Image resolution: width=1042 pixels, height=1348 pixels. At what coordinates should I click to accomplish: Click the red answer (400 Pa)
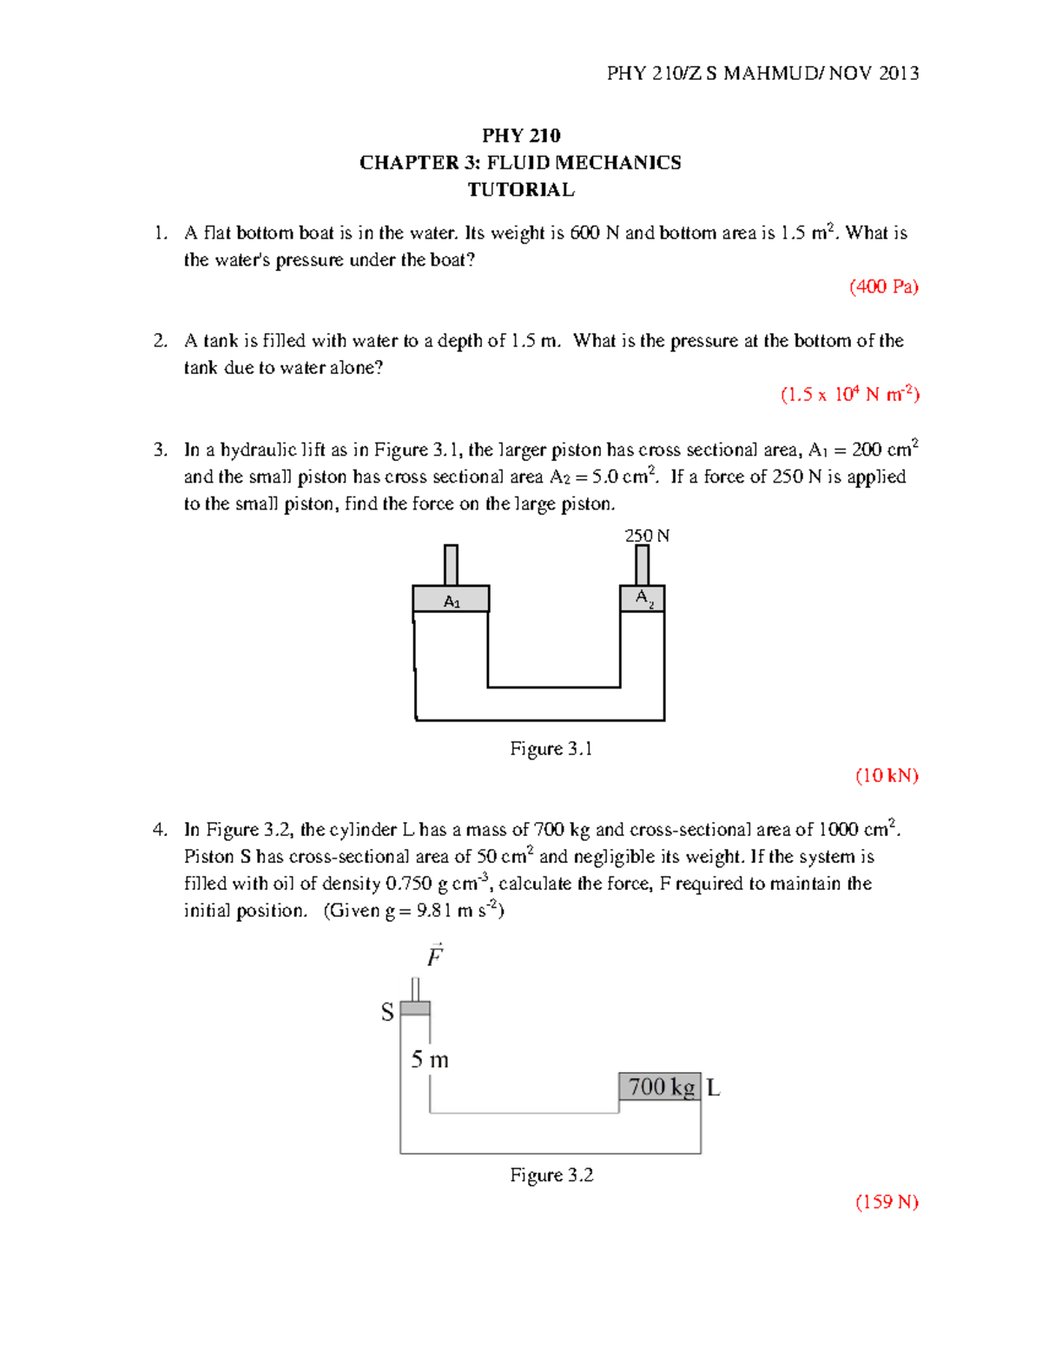[x=883, y=286]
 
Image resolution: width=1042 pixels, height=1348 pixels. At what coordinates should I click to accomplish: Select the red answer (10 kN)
[x=887, y=775]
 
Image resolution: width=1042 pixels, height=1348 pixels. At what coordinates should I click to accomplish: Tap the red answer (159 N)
[x=887, y=1201]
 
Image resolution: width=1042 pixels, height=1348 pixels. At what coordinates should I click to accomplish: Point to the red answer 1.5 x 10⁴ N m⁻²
[x=850, y=394]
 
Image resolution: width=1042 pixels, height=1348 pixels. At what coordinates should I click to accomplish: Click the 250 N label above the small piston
[x=647, y=536]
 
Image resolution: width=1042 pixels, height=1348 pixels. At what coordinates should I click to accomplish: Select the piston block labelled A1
[x=451, y=600]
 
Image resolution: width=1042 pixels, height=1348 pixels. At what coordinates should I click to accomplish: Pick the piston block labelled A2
[x=643, y=598]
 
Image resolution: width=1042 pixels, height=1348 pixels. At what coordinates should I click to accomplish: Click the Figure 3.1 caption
[x=551, y=748]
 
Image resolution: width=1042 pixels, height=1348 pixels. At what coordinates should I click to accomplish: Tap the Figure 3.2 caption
[x=551, y=1174]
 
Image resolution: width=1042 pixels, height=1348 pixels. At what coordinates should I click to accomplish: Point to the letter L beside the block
[x=713, y=1088]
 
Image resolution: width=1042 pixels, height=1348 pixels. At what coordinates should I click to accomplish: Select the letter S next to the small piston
[x=387, y=1012]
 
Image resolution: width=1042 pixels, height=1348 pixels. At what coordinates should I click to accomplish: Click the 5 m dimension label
[x=430, y=1059]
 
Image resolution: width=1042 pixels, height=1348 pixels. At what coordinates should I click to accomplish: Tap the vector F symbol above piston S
[x=435, y=956]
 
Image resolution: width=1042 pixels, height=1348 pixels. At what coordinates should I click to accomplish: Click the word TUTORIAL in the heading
[x=521, y=189]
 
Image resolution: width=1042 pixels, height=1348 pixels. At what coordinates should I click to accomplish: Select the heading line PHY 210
[x=521, y=135]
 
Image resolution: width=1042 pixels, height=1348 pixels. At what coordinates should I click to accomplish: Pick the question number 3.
[x=160, y=450]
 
